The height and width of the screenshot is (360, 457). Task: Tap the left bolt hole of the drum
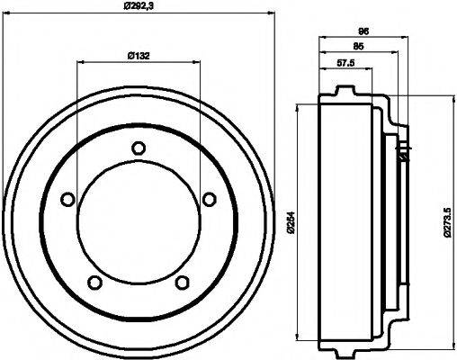67,200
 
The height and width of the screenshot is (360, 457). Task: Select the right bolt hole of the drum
209,199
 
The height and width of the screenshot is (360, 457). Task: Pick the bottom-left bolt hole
94,283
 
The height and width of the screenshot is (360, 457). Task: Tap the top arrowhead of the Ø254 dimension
298,108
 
